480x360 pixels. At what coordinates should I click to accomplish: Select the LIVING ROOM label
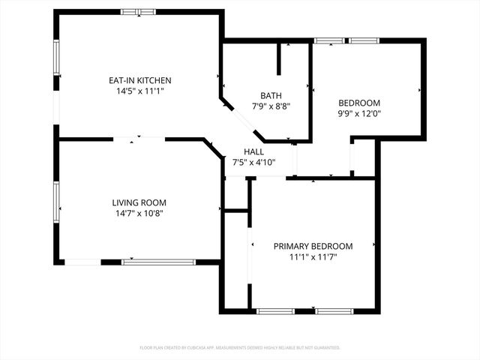pyautogui.click(x=139, y=202)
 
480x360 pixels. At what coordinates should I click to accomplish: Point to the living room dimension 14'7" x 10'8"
pyautogui.click(x=139, y=213)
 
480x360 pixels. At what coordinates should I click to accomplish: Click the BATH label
pyautogui.click(x=271, y=95)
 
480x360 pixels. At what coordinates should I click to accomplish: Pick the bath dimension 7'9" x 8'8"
pyautogui.click(x=271, y=106)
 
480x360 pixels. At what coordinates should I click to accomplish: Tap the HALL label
pyautogui.click(x=253, y=151)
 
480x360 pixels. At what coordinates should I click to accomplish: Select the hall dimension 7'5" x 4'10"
pyautogui.click(x=253, y=162)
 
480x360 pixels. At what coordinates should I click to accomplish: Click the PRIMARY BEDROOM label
pyautogui.click(x=313, y=246)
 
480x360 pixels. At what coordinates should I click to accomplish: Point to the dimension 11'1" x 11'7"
pyautogui.click(x=313, y=256)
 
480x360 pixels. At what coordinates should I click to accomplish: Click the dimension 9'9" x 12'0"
pyautogui.click(x=359, y=114)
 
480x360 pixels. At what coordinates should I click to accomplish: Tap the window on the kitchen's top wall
pyautogui.click(x=139, y=12)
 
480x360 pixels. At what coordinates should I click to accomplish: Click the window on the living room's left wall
pyautogui.click(x=55, y=201)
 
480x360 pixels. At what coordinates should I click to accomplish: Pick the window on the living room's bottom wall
pyautogui.click(x=158, y=262)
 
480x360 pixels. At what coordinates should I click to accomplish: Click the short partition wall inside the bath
pyautogui.click(x=279, y=58)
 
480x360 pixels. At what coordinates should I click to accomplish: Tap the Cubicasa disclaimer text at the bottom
pyautogui.click(x=240, y=348)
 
